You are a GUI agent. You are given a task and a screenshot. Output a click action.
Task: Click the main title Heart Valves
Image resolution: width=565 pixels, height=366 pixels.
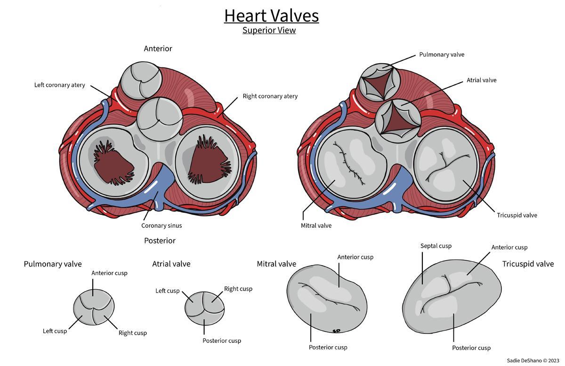tap(271, 16)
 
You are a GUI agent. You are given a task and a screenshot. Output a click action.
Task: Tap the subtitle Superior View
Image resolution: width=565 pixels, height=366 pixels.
tap(269, 30)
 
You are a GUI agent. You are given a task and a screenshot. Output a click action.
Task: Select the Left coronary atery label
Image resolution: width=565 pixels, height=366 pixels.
tap(60, 85)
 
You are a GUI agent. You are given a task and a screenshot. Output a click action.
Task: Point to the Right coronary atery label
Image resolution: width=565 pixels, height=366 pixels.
tap(270, 96)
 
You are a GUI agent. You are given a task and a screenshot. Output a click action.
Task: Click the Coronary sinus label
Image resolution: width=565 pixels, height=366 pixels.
tap(161, 225)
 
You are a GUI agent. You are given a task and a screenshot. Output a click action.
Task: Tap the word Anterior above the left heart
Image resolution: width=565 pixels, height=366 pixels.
tap(158, 49)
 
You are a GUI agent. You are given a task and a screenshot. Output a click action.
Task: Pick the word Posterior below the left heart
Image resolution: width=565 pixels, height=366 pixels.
tap(160, 241)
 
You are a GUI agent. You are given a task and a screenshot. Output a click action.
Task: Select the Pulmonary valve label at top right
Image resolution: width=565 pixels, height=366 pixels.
tap(442, 55)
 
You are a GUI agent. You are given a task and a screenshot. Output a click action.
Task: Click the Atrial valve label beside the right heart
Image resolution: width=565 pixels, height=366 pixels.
tap(481, 80)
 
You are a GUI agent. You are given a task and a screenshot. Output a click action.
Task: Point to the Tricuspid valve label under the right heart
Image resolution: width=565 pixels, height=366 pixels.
tap(517, 215)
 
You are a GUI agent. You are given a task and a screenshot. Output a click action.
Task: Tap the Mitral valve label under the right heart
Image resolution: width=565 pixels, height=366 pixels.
tap(316, 225)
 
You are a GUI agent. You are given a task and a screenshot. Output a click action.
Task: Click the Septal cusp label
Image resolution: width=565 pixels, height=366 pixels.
tap(436, 246)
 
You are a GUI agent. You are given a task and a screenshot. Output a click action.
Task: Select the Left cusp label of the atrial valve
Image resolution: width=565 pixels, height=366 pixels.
tap(167, 291)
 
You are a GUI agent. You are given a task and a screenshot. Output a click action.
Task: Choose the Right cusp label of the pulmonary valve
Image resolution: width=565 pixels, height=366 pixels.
tap(132, 333)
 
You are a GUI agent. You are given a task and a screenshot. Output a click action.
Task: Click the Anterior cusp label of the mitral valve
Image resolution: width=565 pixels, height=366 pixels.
tap(355, 257)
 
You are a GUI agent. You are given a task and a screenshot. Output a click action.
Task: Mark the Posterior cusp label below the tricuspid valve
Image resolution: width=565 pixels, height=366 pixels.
tap(471, 348)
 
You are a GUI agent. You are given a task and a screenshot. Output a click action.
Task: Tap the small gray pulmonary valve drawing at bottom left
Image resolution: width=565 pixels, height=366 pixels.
tap(94, 308)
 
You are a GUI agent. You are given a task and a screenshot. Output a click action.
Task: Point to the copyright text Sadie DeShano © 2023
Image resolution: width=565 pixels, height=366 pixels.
tap(533, 361)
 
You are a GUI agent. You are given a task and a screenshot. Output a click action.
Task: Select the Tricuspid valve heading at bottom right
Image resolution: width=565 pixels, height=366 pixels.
tap(528, 264)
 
